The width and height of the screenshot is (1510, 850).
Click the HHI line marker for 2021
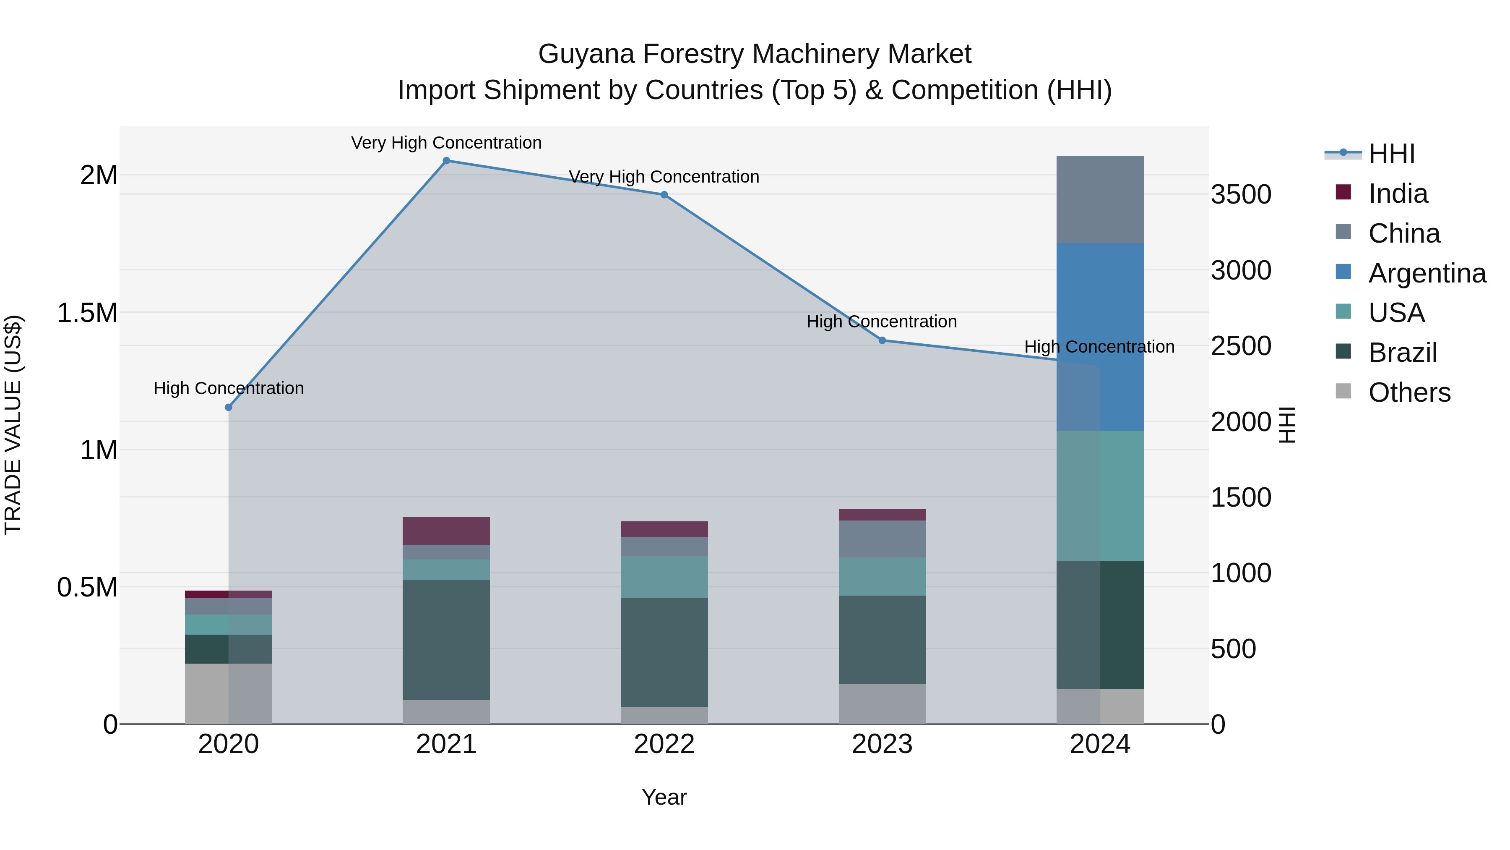click(x=446, y=161)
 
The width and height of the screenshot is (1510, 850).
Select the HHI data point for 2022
click(x=664, y=195)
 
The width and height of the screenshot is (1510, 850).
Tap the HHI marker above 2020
click(x=229, y=408)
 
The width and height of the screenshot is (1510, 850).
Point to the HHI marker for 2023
click(x=882, y=340)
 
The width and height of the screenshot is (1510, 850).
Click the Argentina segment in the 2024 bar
click(x=1100, y=337)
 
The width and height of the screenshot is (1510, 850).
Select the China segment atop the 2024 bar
click(x=1100, y=199)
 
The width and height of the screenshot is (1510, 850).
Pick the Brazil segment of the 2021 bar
click(x=446, y=640)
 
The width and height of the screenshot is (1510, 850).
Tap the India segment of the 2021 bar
click(x=446, y=531)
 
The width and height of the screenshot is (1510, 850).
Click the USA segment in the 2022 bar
click(x=664, y=577)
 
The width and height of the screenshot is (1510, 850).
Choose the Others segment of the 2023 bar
click(x=882, y=704)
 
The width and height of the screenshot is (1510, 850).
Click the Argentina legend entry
click(x=1427, y=273)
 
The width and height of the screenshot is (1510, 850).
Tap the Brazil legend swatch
click(x=1343, y=352)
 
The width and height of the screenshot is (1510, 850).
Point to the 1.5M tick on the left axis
click(x=87, y=313)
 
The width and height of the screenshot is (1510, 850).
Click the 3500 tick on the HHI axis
click(x=1241, y=195)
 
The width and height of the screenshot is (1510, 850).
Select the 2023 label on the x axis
click(x=882, y=744)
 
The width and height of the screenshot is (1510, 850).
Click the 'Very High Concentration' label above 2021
click(x=446, y=143)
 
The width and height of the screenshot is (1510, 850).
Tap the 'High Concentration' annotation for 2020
click(x=229, y=388)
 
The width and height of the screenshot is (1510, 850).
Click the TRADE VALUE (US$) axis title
click(x=13, y=425)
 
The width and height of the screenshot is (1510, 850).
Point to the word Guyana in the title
click(x=586, y=54)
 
